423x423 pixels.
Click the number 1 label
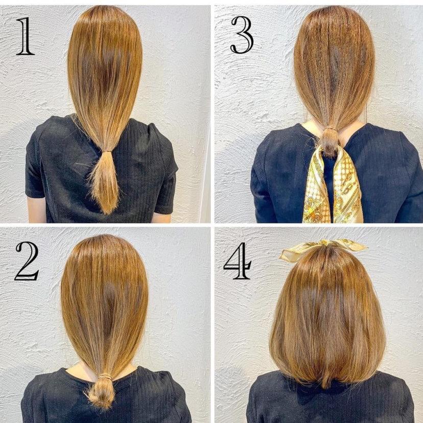coord(25,36)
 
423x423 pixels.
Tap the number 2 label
coord(27,261)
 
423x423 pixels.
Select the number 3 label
coord(242,35)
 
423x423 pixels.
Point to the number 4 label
coord(238,261)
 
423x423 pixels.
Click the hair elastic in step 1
coord(107,151)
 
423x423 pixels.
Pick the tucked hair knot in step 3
coord(329,142)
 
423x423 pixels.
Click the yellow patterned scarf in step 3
coord(333,186)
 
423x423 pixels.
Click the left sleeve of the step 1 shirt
coord(35,167)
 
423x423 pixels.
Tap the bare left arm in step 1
coord(36,210)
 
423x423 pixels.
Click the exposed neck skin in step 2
coord(78,368)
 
